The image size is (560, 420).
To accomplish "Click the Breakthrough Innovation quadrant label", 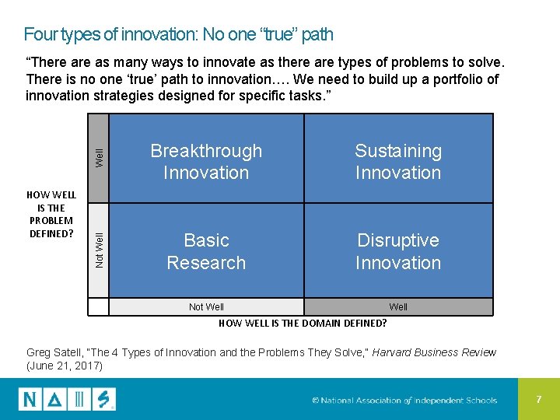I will [206, 162].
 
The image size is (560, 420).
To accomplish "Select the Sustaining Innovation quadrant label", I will [398, 162].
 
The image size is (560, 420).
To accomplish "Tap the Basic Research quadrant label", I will [206, 251].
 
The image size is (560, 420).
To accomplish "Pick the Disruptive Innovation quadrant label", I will [398, 251].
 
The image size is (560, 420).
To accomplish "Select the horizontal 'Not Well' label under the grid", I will [206, 307].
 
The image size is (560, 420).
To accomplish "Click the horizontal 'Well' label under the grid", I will [398, 307].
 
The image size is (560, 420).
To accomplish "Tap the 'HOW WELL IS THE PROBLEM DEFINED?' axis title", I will [51, 214].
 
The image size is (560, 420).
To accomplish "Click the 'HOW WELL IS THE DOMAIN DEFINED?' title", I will [303, 323].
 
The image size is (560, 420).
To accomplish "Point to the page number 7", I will [538, 399].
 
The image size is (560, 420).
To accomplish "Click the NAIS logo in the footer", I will [67, 400].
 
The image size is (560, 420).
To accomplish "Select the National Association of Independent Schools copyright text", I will [404, 401].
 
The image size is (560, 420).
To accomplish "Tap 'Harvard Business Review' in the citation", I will [434, 352].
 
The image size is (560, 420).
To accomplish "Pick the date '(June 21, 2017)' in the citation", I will [65, 366].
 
